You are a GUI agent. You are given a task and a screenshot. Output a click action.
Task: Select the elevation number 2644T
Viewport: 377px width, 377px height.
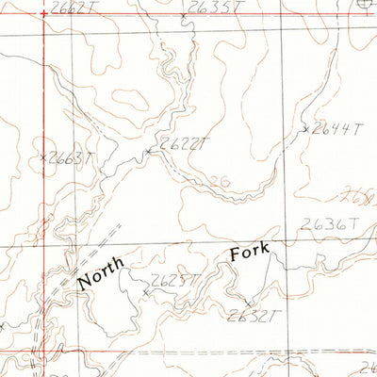336,128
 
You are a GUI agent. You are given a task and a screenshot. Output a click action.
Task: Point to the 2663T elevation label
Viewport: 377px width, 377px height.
72,158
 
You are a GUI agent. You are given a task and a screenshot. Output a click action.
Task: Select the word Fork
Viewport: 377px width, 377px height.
249,252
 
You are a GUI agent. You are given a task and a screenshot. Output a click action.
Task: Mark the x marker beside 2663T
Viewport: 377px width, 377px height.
44,156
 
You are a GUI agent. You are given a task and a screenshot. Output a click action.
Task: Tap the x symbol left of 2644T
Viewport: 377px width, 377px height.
306,129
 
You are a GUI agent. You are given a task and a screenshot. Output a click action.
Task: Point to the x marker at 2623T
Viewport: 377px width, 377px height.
144,293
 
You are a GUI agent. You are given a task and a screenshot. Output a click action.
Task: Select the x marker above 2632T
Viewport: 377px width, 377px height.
248,303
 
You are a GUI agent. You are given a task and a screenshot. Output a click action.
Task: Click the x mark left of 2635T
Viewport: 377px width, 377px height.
182,16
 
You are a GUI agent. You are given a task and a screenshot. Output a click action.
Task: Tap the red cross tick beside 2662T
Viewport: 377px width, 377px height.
43,12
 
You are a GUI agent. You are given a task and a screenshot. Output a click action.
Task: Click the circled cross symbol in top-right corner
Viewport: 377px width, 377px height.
366,4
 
